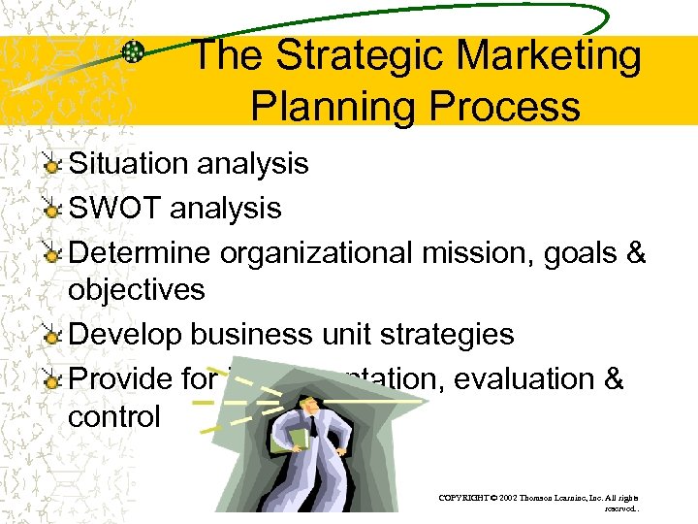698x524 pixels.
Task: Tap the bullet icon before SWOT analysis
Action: pyautogui.click(x=53, y=209)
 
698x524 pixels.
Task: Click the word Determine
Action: pyautogui.click(x=142, y=252)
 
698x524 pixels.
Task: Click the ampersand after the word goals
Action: pyautogui.click(x=636, y=252)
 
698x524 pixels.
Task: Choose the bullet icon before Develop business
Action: pyautogui.click(x=53, y=336)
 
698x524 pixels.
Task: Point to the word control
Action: pyautogui.click(x=114, y=416)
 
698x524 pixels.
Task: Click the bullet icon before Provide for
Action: pyautogui.click(x=53, y=378)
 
